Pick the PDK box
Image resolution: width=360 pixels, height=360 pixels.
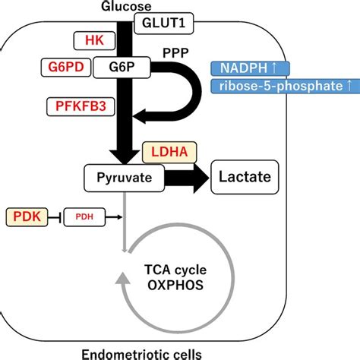pyautogui.click(x=23, y=217)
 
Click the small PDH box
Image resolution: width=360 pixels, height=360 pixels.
pyautogui.click(x=82, y=218)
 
